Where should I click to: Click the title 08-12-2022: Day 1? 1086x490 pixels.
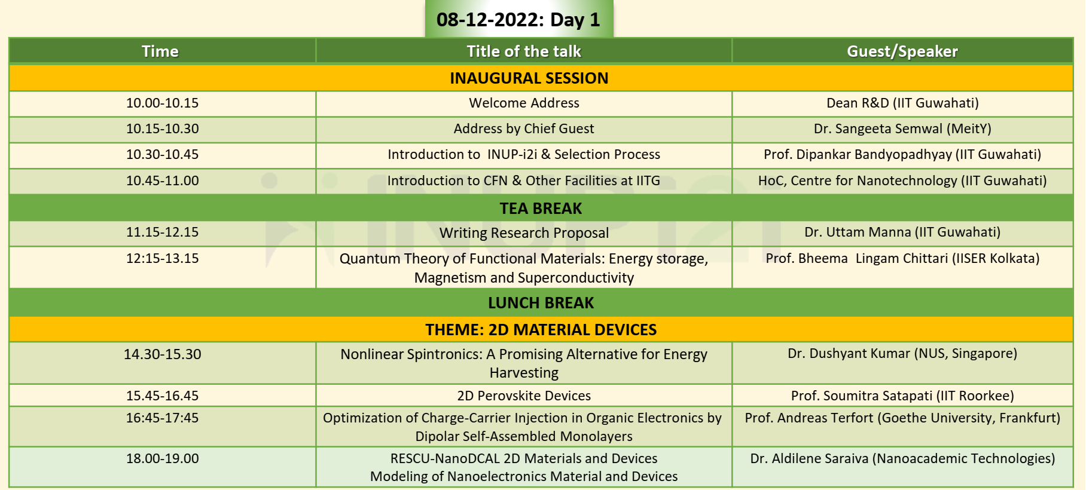(x=518, y=20)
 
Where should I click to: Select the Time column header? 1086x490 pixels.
(x=160, y=51)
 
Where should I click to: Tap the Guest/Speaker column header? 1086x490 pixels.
(x=902, y=51)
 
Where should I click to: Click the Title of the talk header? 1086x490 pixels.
(x=524, y=51)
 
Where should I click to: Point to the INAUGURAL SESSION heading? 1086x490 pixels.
(x=529, y=78)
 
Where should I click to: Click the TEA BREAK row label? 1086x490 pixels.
(x=541, y=209)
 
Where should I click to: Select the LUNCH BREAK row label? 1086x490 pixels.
(x=541, y=303)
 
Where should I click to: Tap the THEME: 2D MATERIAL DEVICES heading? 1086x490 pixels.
(x=541, y=330)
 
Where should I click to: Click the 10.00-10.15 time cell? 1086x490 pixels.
(x=162, y=103)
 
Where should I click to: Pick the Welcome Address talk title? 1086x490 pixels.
(x=524, y=103)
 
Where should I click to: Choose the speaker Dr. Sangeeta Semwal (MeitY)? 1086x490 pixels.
(x=902, y=128)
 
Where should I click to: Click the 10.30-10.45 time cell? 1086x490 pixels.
(x=162, y=154)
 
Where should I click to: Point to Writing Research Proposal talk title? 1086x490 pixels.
(x=524, y=233)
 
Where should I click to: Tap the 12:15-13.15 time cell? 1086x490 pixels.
(x=162, y=258)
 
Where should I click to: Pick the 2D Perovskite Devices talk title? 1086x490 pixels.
(x=524, y=396)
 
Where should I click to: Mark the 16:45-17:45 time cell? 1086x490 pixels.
(x=162, y=418)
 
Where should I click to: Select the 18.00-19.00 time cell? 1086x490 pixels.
(x=162, y=458)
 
